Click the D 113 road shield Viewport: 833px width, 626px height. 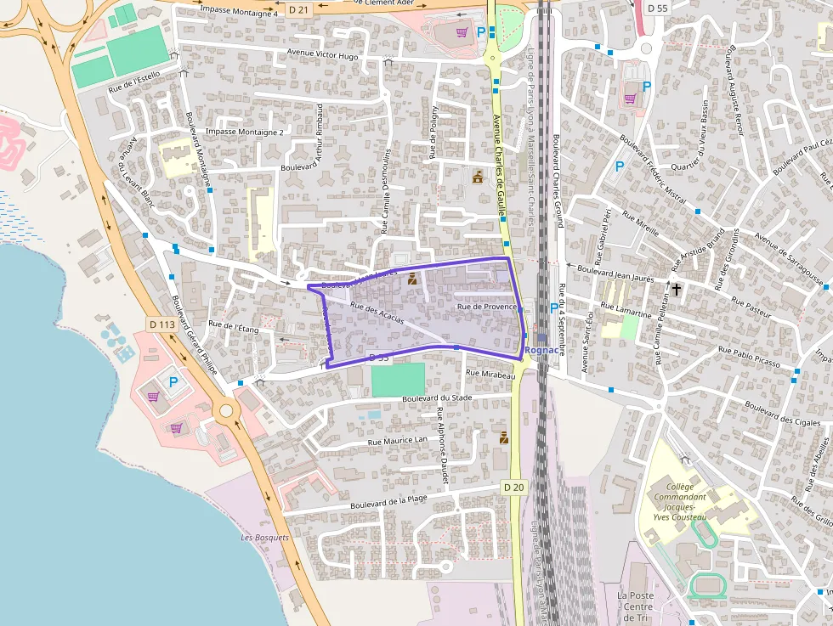pos(161,324)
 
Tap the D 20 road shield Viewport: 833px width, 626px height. pos(513,488)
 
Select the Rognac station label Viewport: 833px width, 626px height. pos(541,349)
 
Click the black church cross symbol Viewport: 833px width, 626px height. pos(677,290)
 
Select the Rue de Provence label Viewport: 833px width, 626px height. pos(487,307)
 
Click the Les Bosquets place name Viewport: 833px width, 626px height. pos(264,538)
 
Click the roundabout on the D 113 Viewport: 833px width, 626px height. pos(226,412)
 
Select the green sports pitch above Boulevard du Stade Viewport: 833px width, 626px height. pos(398,379)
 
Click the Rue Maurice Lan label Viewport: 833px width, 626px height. pos(398,440)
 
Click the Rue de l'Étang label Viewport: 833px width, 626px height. pos(233,326)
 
